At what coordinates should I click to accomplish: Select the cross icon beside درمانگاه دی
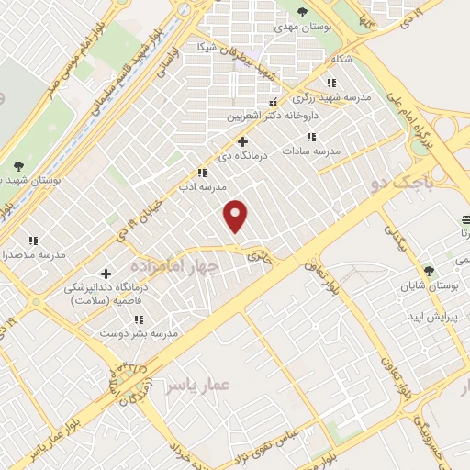[x=242, y=141]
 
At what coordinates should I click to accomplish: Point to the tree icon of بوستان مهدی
[x=303, y=12]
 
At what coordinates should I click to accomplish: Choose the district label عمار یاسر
[x=196, y=386]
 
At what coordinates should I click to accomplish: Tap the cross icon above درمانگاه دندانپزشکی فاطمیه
[x=106, y=274]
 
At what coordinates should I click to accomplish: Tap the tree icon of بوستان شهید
[x=18, y=166]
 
